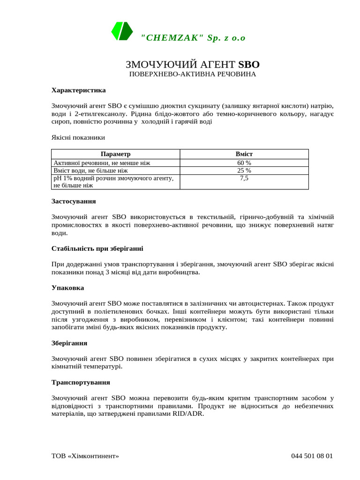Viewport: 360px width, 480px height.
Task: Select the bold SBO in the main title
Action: click(249, 65)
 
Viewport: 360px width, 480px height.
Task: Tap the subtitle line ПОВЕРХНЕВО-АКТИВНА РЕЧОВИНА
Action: click(193, 75)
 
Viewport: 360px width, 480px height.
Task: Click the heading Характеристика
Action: click(78, 90)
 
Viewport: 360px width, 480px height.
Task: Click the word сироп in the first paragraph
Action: click(60, 122)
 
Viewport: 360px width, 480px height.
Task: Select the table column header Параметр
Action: click(115, 154)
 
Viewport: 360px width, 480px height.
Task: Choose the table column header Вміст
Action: click(244, 154)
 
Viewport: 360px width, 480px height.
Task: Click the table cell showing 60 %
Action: click(244, 163)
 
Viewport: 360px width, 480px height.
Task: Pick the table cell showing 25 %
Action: click(244, 171)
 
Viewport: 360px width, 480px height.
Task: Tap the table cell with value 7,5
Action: click(244, 179)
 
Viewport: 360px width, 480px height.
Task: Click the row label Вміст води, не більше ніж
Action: click(90, 171)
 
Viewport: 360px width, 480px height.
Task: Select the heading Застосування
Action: click(74, 201)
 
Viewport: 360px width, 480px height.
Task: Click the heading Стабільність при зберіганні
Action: click(97, 248)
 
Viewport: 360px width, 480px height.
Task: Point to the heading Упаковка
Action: click(67, 288)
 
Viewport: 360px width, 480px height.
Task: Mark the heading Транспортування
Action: click(81, 382)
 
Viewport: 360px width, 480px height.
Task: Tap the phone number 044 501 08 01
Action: click(312, 456)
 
